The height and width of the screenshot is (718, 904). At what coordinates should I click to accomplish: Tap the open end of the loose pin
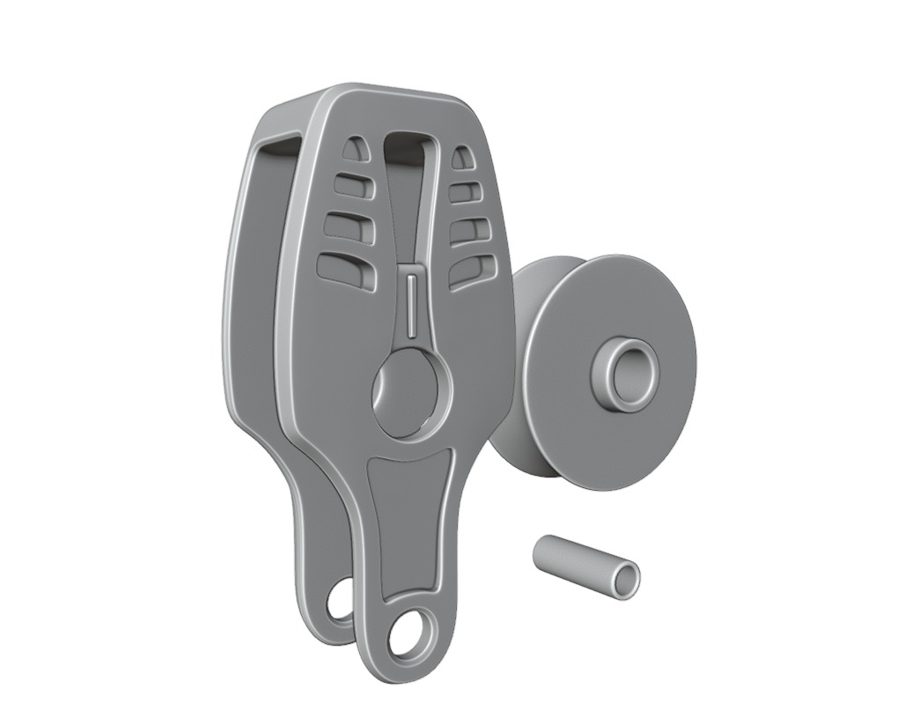(x=626, y=580)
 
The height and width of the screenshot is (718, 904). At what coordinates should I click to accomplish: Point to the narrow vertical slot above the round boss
(x=412, y=304)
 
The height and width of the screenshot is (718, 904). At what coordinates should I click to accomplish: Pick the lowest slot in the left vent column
(x=347, y=270)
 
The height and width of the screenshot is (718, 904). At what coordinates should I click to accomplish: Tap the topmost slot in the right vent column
(x=462, y=158)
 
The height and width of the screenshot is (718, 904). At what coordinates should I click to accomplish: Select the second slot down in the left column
(x=352, y=186)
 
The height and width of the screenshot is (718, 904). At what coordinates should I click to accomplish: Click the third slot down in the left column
(x=349, y=226)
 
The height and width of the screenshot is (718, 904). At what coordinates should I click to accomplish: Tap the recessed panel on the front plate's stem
(x=410, y=520)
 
